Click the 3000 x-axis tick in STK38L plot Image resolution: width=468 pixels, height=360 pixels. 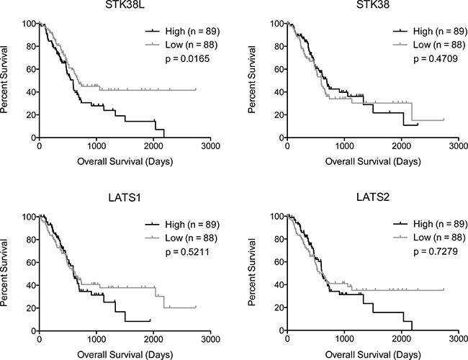[210, 145]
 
